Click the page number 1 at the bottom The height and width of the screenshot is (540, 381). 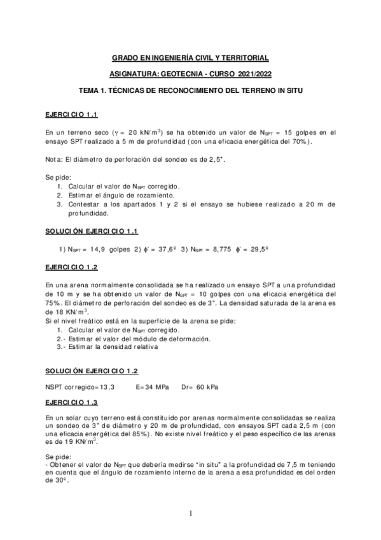click(190, 512)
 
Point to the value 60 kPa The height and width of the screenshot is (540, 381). click(211, 387)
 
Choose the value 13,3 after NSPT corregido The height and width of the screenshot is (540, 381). click(106, 387)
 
